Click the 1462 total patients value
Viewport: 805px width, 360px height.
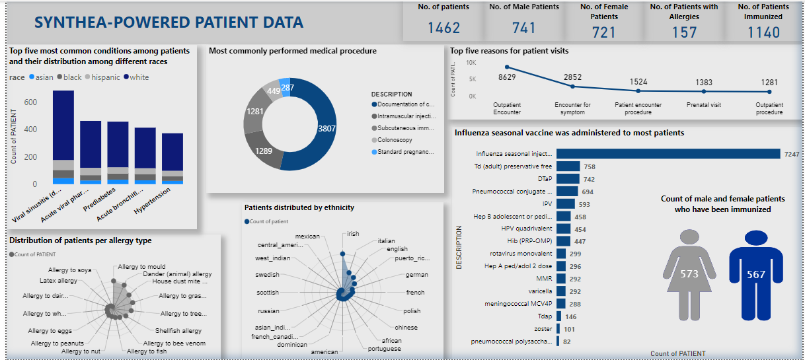443,28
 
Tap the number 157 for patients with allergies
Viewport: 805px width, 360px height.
684,32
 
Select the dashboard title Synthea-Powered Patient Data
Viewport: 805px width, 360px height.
169,22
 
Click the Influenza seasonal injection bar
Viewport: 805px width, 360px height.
668,154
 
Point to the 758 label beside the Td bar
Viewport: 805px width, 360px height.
590,166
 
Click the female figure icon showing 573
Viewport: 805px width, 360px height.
689,272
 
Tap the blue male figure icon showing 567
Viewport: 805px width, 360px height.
755,272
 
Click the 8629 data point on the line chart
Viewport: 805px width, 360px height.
507,67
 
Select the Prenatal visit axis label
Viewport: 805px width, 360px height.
704,104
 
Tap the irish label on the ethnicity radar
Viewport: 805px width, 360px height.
353,234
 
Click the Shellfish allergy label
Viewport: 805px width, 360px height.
178,331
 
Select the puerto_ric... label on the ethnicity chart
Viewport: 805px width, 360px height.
412,258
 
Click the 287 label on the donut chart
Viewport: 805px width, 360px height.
287,87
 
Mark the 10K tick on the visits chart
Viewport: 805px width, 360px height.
471,63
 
